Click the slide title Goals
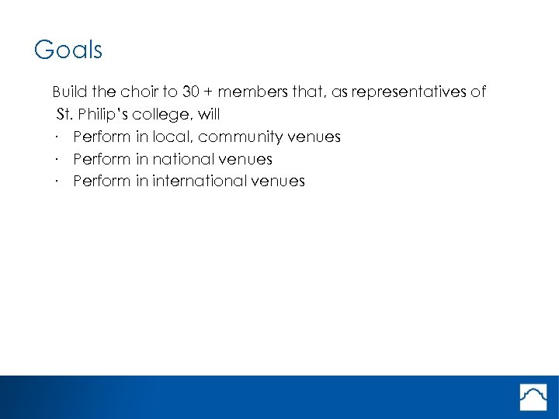tap(68, 50)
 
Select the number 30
tap(192, 92)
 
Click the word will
tap(209, 115)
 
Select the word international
tap(199, 182)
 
